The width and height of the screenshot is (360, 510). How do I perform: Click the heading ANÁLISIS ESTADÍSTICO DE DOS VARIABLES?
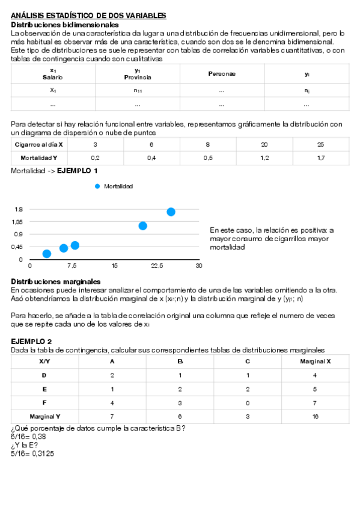pyautogui.click(x=88, y=14)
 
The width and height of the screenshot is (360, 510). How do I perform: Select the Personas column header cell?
pyautogui.click(x=222, y=73)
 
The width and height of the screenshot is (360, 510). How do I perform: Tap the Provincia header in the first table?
pyautogui.click(x=138, y=77)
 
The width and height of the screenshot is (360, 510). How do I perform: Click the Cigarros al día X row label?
pyautogui.click(x=38, y=145)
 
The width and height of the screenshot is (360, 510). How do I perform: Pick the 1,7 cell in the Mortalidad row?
pyautogui.click(x=320, y=158)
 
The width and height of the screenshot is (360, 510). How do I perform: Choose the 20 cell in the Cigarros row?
pyautogui.click(x=264, y=145)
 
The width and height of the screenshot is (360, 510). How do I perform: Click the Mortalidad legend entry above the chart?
pyautogui.click(x=118, y=186)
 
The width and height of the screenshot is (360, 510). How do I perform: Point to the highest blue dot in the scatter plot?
pyautogui.click(x=171, y=212)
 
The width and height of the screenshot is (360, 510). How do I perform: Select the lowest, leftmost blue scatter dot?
pyautogui.click(x=47, y=254)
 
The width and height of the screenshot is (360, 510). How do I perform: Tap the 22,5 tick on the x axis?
pyautogui.click(x=157, y=265)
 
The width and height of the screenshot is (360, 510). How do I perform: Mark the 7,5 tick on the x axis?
pyautogui.click(x=72, y=265)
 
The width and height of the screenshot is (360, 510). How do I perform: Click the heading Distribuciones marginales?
pyautogui.click(x=56, y=281)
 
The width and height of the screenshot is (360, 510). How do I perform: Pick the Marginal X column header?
pyautogui.click(x=316, y=362)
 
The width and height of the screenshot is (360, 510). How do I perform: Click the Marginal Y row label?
pyautogui.click(x=44, y=416)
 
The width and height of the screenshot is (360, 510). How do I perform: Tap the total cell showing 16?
pyautogui.click(x=316, y=416)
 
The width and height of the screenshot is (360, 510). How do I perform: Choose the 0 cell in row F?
pyautogui.click(x=248, y=402)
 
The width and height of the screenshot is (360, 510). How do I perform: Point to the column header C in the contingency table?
pyautogui.click(x=248, y=362)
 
